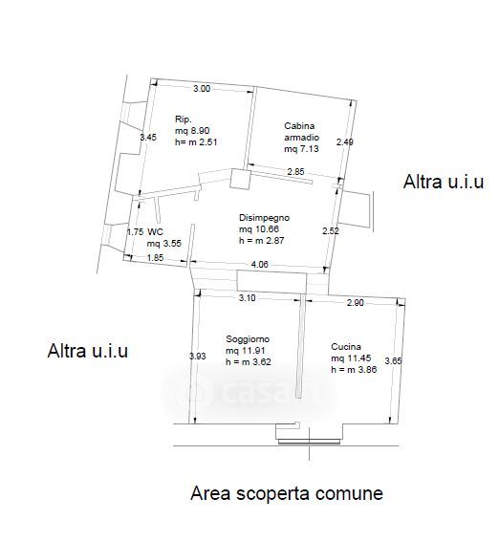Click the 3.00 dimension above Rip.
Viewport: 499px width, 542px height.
(x=202, y=89)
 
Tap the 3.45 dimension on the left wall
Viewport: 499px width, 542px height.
(x=148, y=138)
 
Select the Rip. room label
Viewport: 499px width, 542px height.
(x=184, y=119)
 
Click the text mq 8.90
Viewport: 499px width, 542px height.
(x=192, y=131)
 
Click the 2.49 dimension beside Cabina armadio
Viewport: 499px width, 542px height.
(x=345, y=141)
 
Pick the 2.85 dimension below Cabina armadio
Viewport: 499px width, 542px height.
(x=295, y=171)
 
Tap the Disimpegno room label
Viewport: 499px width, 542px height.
(x=265, y=218)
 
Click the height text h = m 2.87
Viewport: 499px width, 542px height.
(x=262, y=240)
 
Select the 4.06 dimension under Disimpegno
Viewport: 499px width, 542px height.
(x=259, y=265)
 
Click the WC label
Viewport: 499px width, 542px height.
(x=155, y=231)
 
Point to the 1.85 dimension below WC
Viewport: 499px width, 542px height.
(x=155, y=257)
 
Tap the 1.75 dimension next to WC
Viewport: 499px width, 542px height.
(x=135, y=231)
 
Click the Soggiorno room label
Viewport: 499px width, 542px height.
(x=248, y=339)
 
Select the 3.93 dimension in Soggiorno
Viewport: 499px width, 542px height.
(x=198, y=356)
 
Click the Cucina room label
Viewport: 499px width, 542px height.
(x=346, y=347)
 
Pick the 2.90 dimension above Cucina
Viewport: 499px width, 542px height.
(x=356, y=302)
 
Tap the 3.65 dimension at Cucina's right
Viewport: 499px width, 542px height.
(x=393, y=361)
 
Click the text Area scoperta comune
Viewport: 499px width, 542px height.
(x=287, y=493)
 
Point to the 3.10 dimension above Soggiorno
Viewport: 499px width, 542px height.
(x=247, y=298)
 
